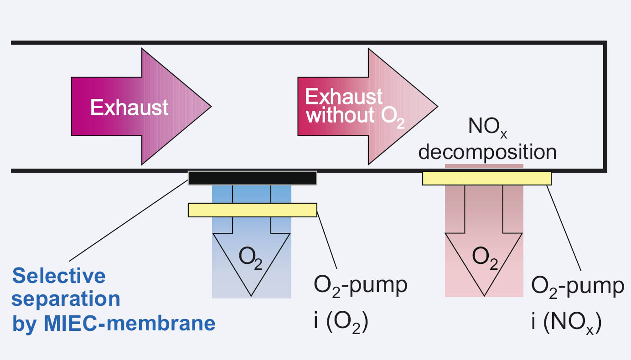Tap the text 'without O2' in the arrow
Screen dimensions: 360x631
click(x=355, y=116)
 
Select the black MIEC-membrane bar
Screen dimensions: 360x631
click(x=252, y=178)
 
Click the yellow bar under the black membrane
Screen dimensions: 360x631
click(x=252, y=210)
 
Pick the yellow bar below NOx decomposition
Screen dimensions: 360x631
click(x=486, y=178)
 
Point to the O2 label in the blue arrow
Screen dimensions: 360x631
click(x=251, y=260)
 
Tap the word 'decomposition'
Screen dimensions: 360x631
click(x=487, y=152)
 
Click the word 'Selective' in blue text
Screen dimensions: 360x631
click(x=59, y=276)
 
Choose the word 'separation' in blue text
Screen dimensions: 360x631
click(x=66, y=299)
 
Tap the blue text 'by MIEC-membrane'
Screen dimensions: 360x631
click(x=114, y=323)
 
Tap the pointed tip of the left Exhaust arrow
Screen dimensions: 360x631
click(x=211, y=107)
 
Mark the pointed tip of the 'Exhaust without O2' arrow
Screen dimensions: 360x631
click(x=437, y=107)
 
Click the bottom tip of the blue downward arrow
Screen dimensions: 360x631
click(x=251, y=295)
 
